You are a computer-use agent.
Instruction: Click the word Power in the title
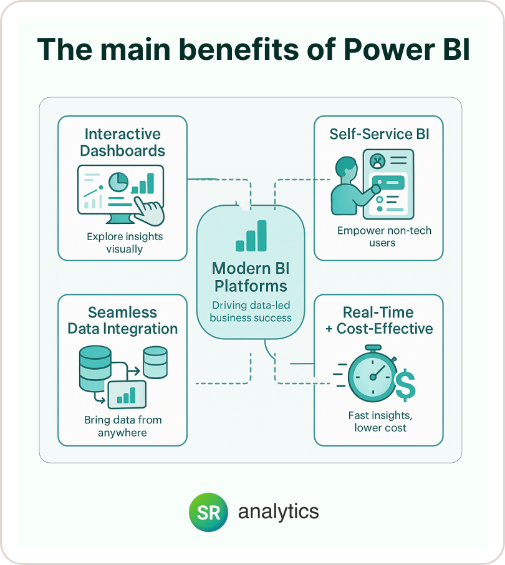coord(389,49)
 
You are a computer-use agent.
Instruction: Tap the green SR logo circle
coord(209,512)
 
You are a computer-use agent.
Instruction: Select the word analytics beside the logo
coord(279,511)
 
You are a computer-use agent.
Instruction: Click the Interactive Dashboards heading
coord(122,142)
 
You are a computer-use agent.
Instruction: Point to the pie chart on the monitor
coord(118,182)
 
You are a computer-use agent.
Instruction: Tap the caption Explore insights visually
coord(125,243)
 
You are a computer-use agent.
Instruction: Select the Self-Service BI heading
coord(379,134)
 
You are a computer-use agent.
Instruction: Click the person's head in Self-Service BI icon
coord(346,168)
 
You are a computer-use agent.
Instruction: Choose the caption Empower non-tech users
coord(384,236)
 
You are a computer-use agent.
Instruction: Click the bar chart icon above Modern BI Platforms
coord(251,236)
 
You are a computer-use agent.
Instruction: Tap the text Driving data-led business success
coord(251,311)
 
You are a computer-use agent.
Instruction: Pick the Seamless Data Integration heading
coord(122,321)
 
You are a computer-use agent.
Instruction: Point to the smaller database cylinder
coord(155,362)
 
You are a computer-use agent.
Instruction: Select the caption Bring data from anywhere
coord(123,426)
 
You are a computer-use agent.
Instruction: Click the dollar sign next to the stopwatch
coord(406,385)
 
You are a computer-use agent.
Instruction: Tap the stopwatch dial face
coord(373,377)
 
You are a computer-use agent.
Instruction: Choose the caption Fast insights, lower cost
coord(380,421)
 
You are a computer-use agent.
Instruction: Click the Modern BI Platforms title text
coord(251,277)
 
